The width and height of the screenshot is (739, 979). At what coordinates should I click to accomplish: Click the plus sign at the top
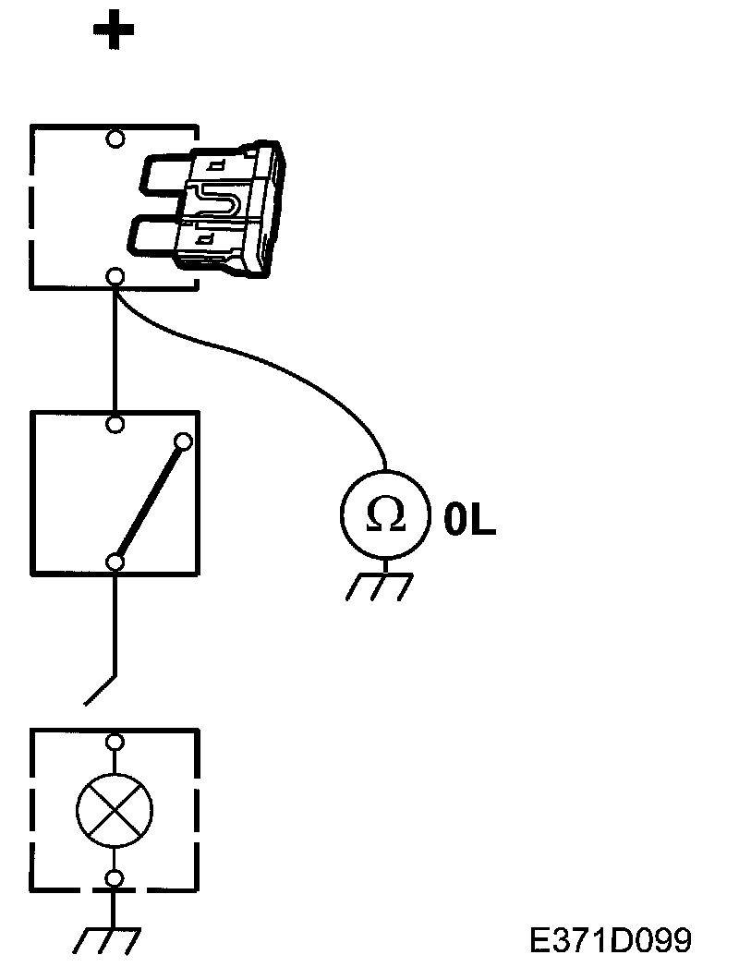[x=114, y=30]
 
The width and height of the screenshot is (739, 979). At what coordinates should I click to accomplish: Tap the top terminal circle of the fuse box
[x=115, y=139]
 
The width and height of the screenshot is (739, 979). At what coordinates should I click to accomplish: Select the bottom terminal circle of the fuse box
[x=115, y=275]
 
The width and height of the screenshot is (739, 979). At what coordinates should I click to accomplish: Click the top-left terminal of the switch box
[x=115, y=424]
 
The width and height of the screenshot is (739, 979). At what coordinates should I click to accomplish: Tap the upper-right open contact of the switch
[x=183, y=441]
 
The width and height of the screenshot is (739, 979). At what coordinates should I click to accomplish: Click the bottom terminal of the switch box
[x=115, y=562]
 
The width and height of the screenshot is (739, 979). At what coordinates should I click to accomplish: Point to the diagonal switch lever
[x=150, y=502]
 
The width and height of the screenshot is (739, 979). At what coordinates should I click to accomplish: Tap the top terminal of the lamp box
[x=115, y=742]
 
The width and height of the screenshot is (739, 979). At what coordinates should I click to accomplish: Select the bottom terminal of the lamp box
[x=115, y=877]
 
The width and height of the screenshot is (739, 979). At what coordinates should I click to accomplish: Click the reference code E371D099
[x=610, y=940]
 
